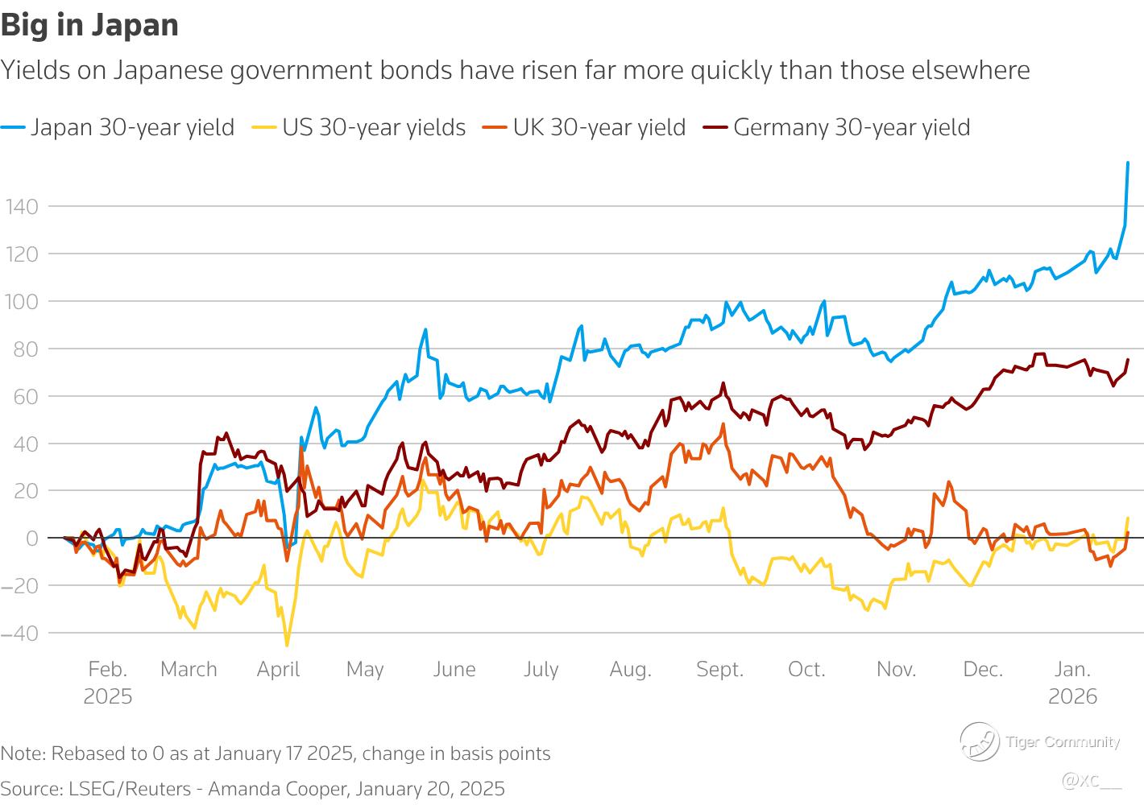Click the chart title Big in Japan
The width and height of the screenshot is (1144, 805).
89,25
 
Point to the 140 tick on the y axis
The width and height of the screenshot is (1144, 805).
20,207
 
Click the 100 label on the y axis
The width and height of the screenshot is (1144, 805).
20,302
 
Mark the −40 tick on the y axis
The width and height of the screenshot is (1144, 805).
20,634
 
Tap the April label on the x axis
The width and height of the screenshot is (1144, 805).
278,669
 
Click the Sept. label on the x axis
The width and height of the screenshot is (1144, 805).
719,669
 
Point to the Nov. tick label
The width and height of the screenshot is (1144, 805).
896,669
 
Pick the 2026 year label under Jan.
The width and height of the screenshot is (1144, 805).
1072,696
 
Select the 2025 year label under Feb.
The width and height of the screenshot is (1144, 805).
108,696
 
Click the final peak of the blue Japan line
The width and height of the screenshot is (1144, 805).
1127,163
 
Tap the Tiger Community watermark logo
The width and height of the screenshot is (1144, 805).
977,741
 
